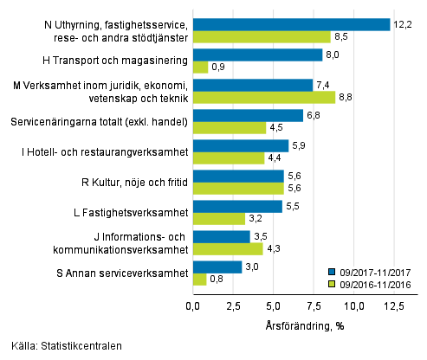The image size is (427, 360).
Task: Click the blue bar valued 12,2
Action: [291, 24]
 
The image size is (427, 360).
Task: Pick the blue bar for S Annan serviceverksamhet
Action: [217, 267]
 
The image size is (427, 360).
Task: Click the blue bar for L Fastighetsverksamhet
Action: [236, 206]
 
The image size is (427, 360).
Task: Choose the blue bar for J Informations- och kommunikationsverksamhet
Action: [221, 236]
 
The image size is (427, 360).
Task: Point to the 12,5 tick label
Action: [394, 305]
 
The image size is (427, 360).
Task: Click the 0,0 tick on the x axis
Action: [193, 305]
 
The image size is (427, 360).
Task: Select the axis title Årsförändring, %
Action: [305, 328]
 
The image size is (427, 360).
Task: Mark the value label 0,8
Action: [217, 280]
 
